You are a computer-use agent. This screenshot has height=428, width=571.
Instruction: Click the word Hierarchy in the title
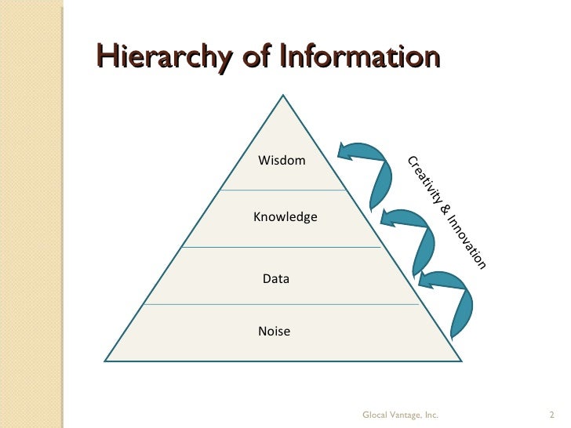coord(165,57)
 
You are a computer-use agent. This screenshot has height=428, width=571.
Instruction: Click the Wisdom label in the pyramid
coord(282,161)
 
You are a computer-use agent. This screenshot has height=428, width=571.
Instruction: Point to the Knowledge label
coord(285,216)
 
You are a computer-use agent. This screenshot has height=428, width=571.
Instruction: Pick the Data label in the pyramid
coord(275,278)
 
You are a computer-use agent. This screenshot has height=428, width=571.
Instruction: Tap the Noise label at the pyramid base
coord(274,332)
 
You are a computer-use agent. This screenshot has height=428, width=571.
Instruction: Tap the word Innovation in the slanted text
coord(468,241)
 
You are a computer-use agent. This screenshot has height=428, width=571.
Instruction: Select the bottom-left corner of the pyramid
coord(106,361)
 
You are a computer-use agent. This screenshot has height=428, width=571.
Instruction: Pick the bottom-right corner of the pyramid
coord(460,361)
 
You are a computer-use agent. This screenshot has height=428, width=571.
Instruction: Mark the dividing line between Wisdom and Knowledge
coord(282,190)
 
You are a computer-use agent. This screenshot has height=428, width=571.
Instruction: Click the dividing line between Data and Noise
coord(282,304)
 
